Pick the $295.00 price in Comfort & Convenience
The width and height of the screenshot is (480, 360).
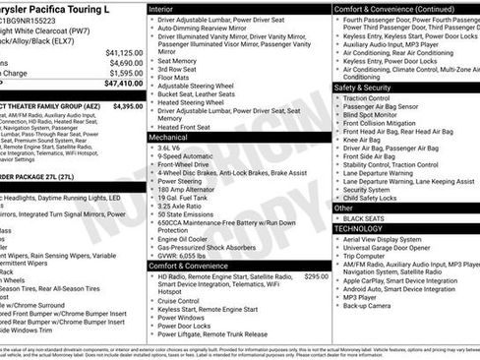pyautogui.click(x=316, y=277)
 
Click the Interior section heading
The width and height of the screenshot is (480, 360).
pyautogui.click(x=161, y=8)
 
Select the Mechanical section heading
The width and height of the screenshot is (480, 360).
pyautogui.click(x=168, y=138)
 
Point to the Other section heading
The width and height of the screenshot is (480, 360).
pyautogui.click(x=343, y=208)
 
